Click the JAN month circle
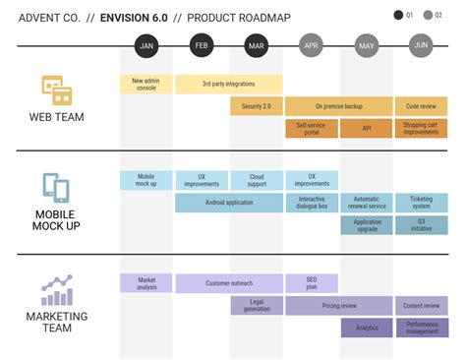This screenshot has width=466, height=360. (146, 45)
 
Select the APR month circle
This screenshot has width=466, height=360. (312, 45)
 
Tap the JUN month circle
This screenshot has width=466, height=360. (422, 45)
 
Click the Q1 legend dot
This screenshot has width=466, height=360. (398, 16)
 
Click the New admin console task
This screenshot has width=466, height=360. (146, 85)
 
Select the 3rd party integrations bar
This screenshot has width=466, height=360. (228, 85)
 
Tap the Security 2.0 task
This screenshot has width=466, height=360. (256, 106)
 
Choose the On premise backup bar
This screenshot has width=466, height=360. (339, 106)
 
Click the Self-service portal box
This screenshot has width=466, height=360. (311, 129)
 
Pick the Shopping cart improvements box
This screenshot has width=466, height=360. (422, 129)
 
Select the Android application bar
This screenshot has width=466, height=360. (228, 203)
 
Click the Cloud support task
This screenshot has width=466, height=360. (256, 180)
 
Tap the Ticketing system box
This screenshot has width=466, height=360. (422, 203)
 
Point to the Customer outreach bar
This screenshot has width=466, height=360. (228, 283)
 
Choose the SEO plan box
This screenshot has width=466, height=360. (311, 283)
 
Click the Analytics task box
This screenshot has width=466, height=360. (367, 328)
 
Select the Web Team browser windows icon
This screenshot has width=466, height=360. (57, 91)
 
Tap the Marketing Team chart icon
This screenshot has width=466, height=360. (56, 290)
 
